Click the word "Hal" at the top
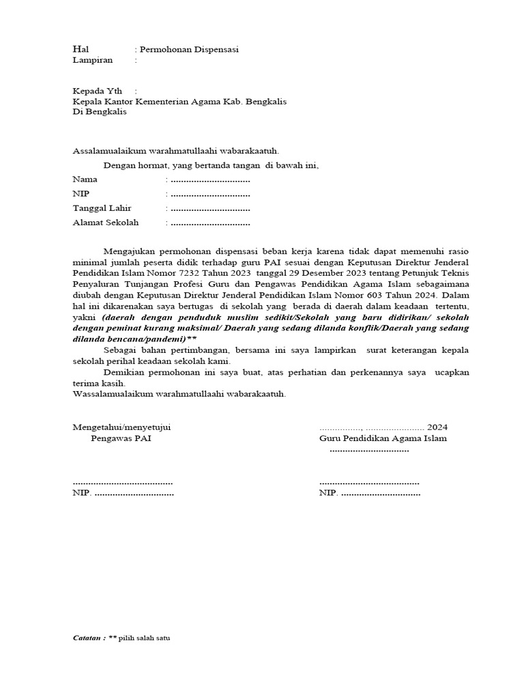tap(81, 49)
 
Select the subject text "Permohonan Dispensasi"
tap(189, 50)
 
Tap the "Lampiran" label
tap(93, 60)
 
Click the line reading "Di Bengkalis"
tap(100, 113)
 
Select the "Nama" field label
tap(85, 180)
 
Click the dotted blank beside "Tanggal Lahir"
tap(210, 208)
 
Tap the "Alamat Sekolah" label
tap(106, 223)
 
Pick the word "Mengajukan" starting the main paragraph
tap(132, 251)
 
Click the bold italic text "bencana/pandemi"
tap(143, 339)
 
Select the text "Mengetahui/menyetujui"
tap(122, 427)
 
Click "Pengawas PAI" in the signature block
tap(121, 438)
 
